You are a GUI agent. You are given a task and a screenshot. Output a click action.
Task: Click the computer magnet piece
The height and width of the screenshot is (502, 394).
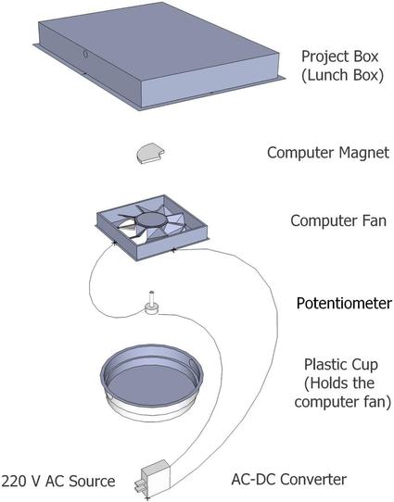(x=150, y=153)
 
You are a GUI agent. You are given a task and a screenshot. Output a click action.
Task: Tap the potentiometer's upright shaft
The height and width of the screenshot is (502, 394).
(x=151, y=298)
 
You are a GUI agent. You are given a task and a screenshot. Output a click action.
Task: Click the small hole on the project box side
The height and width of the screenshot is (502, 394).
(x=85, y=54)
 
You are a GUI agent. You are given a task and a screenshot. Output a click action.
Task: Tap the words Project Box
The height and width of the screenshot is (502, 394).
(x=340, y=56)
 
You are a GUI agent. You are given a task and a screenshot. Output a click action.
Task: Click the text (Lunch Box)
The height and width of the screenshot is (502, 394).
(x=342, y=76)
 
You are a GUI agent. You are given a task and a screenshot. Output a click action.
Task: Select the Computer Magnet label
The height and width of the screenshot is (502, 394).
(x=328, y=153)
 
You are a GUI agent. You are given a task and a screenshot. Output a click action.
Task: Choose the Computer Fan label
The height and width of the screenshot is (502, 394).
(x=338, y=220)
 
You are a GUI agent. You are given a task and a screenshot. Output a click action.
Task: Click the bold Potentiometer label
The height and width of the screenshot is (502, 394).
(x=344, y=303)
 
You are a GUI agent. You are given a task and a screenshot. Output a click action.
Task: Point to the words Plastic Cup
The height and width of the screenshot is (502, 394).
(x=341, y=364)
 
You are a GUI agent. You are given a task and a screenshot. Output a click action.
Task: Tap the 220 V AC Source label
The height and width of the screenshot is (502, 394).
(x=58, y=481)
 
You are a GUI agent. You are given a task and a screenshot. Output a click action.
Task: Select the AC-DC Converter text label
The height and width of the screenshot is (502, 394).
(x=289, y=479)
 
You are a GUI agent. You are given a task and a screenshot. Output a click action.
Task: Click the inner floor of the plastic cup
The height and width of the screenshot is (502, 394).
(x=151, y=382)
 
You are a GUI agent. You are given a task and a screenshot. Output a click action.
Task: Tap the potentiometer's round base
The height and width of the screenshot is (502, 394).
(x=151, y=309)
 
